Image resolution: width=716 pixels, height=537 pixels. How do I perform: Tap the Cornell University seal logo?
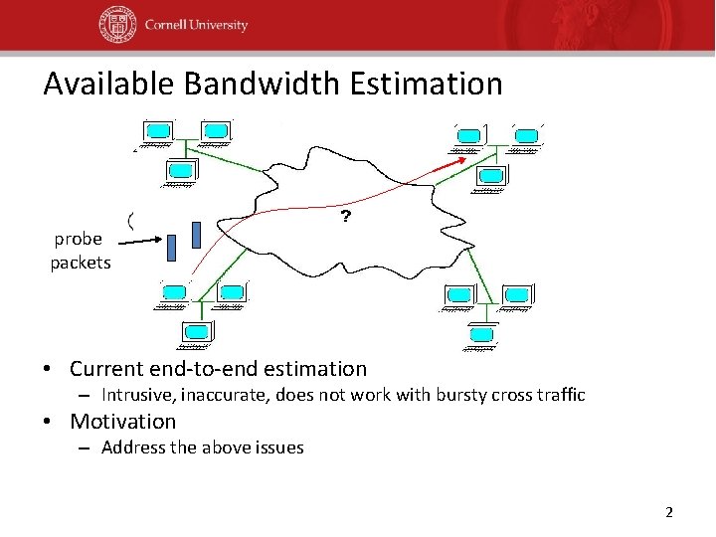pyautogui.click(x=117, y=25)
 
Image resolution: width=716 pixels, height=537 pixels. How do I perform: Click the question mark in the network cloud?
pyautogui.click(x=345, y=217)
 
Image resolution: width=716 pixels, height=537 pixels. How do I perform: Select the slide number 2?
pyautogui.click(x=668, y=512)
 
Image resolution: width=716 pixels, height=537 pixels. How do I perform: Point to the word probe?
pyautogui.click(x=79, y=240)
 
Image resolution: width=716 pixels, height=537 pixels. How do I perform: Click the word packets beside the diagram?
pyautogui.click(x=81, y=263)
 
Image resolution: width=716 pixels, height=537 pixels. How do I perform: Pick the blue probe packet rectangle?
pyautogui.click(x=196, y=234)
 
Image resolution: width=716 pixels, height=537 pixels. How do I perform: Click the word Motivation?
pyautogui.click(x=122, y=422)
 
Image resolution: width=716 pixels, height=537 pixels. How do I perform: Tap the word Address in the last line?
pyautogui.click(x=133, y=447)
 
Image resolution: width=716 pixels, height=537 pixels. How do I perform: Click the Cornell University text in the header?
pyautogui.click(x=195, y=25)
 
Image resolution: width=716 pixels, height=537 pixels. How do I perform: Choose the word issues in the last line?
pyautogui.click(x=278, y=447)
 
